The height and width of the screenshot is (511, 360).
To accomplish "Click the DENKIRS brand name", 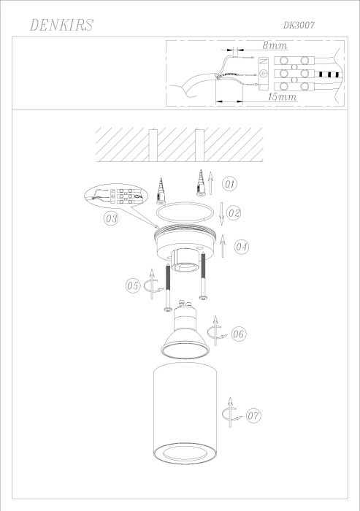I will coord(61,26).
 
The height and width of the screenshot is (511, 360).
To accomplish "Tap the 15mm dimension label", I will coord(282,96).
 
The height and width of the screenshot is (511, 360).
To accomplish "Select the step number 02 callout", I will coord(234,213).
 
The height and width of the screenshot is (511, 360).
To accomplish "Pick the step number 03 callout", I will coord(111,218).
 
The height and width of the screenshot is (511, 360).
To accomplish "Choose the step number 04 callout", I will coord(242,247).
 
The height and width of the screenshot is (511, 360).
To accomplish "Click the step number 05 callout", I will coord(132,286).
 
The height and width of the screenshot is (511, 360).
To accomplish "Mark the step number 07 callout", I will coord(253,416).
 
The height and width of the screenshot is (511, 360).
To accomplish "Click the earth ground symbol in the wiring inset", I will coord(264,74).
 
